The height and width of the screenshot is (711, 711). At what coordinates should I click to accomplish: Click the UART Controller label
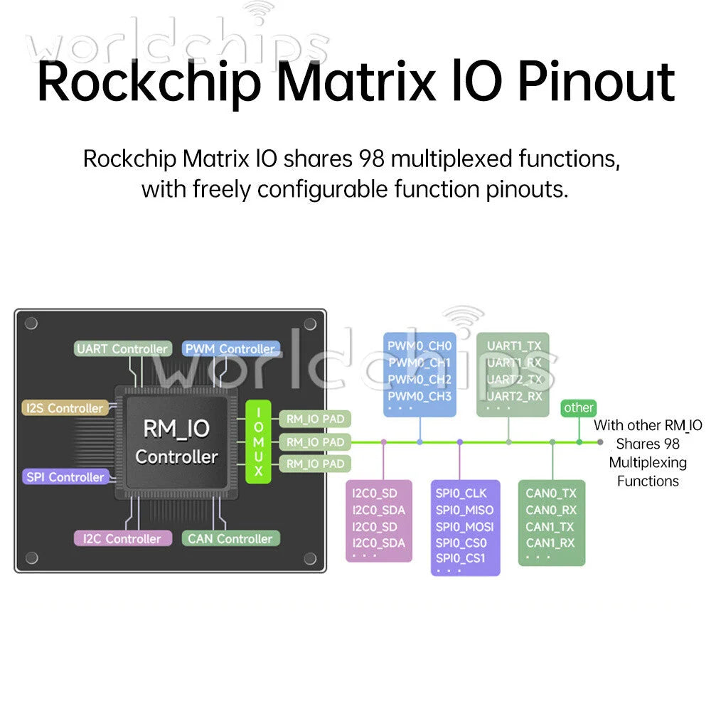click(123, 348)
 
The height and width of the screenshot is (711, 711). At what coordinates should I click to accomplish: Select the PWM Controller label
click(230, 348)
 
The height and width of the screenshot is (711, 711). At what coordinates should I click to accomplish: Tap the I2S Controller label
click(65, 408)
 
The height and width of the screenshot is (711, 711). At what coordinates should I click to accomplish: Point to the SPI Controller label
click(65, 477)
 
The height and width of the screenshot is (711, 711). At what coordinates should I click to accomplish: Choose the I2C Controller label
click(122, 539)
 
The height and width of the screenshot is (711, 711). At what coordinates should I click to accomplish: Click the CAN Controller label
click(230, 539)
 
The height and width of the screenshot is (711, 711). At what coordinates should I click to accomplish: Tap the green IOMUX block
click(259, 442)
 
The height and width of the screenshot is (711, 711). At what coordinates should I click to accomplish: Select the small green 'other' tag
click(579, 407)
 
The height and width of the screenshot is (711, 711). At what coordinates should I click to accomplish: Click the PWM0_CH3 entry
click(419, 396)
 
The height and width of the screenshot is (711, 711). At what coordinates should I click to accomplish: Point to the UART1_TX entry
click(514, 346)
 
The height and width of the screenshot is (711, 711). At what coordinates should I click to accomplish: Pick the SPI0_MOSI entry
click(465, 527)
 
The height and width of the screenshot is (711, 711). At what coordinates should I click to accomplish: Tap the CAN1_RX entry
click(550, 542)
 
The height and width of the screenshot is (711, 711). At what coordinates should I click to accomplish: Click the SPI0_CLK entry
click(461, 493)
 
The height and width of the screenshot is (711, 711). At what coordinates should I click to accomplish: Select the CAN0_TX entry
click(551, 493)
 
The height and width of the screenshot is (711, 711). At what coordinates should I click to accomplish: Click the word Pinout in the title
click(597, 82)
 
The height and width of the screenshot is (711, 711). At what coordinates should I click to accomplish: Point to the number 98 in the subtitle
click(371, 159)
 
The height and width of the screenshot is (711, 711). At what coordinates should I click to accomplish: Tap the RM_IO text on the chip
click(176, 429)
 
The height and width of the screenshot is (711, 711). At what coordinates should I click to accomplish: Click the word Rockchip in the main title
click(149, 83)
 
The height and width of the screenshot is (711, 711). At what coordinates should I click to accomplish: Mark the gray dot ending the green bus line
click(600, 442)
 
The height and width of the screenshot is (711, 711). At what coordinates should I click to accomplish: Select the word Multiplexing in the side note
click(648, 463)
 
